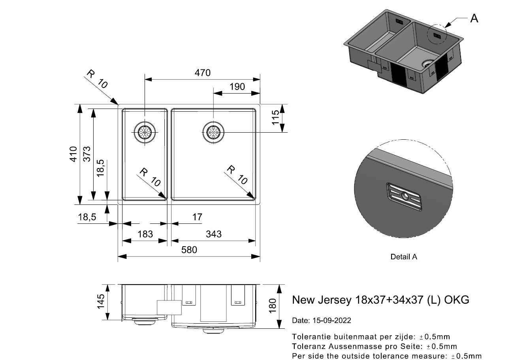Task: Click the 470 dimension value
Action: [x=202, y=73]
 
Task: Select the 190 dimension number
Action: [x=237, y=87]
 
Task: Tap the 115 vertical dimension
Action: [x=276, y=118]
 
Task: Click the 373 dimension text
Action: [x=87, y=154]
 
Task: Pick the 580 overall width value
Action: [x=189, y=250]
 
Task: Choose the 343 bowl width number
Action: [x=214, y=234]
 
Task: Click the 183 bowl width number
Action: [x=145, y=234]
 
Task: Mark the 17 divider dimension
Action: [x=197, y=217]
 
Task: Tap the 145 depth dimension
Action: [x=101, y=302]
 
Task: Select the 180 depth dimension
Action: [x=273, y=306]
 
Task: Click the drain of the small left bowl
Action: [x=145, y=132]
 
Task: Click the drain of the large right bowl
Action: [x=214, y=132]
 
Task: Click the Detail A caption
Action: [x=404, y=257]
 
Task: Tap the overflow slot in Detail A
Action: [x=405, y=196]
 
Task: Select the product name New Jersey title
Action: [x=380, y=300]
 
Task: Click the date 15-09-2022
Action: [x=321, y=320]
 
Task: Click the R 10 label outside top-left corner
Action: [x=97, y=79]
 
